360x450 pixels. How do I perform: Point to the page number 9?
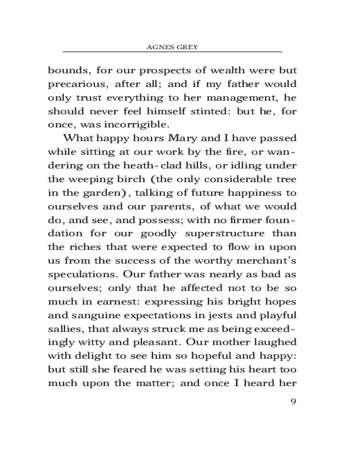tap(293, 401)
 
